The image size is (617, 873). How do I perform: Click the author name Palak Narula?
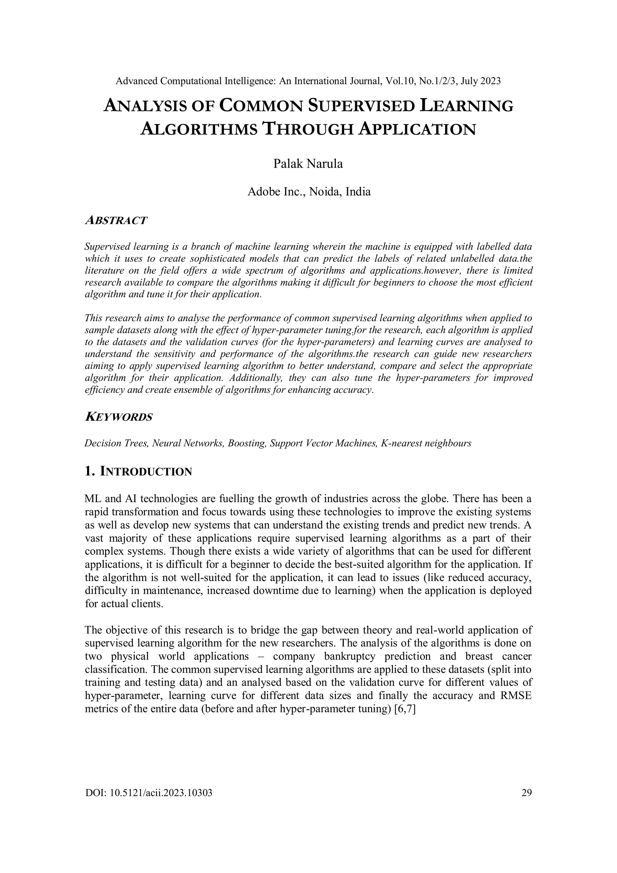[308, 164]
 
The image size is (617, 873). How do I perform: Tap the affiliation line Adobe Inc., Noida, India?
[309, 192]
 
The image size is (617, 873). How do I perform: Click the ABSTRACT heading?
[116, 221]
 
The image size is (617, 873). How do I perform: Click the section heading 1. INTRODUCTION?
[138, 472]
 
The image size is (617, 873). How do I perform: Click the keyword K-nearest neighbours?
[425, 443]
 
